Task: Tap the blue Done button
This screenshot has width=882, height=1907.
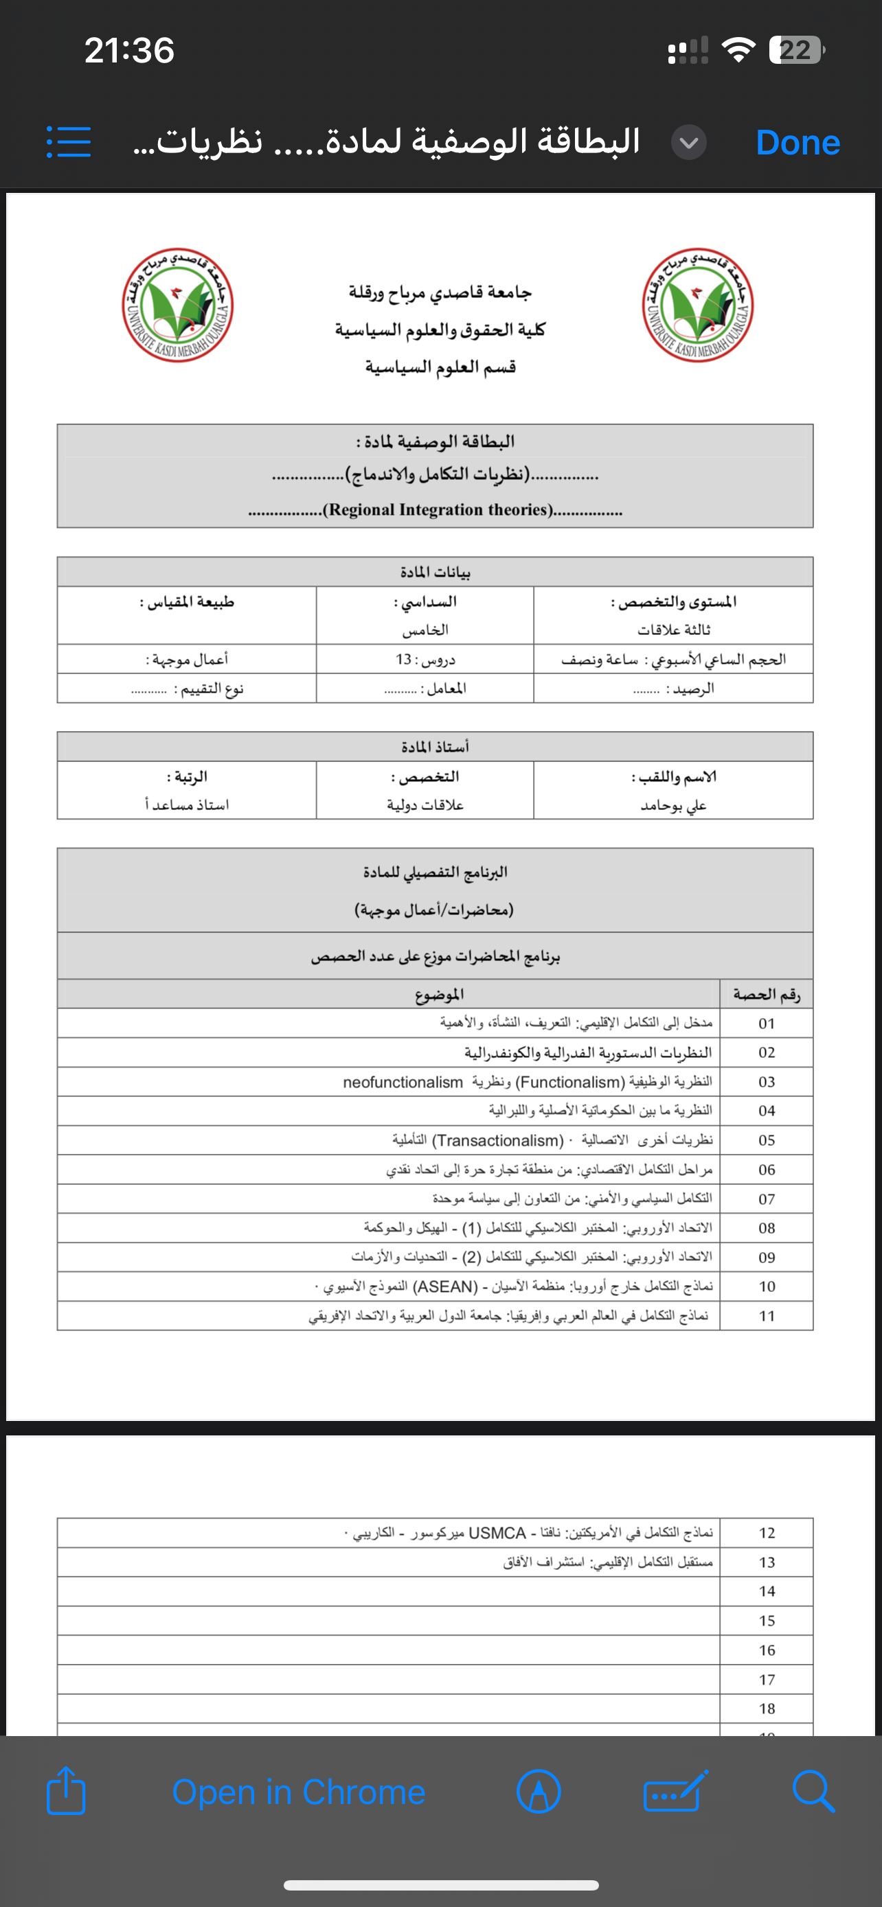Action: click(798, 142)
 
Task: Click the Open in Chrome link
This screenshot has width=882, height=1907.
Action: click(298, 1792)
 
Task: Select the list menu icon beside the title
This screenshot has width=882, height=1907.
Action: click(69, 141)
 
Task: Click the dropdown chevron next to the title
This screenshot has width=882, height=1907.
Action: click(688, 142)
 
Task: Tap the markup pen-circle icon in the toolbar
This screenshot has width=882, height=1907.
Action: click(539, 1792)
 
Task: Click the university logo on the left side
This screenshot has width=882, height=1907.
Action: click(178, 304)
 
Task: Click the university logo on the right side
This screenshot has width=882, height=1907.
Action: click(698, 304)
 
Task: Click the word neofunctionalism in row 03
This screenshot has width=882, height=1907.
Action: click(403, 1083)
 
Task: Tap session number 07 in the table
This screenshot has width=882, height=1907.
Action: click(767, 1199)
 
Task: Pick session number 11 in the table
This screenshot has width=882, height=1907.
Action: click(767, 1316)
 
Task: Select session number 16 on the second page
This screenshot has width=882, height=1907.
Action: click(767, 1650)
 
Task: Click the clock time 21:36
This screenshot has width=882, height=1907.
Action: click(130, 50)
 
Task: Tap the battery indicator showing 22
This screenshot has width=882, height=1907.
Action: click(796, 50)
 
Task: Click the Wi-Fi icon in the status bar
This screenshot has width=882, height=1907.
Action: click(738, 50)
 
